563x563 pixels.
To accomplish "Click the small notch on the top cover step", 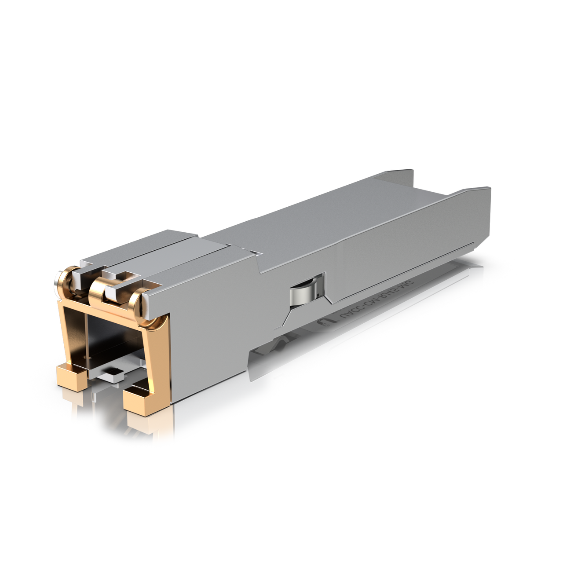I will pyautogui.click(x=254, y=252).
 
